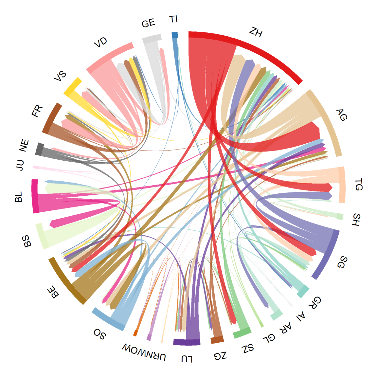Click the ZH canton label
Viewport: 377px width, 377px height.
pos(256,32)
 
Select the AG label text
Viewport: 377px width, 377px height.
pos(341,115)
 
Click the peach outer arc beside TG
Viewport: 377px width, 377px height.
pos(342,185)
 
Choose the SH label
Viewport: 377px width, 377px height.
pos(356,220)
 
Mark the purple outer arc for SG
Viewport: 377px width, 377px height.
pos(327,255)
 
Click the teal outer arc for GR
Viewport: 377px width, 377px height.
pos(303,291)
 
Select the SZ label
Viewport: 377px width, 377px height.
pos(248,349)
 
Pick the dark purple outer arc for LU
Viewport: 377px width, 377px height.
pos(187,342)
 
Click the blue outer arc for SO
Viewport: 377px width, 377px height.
pos(108,319)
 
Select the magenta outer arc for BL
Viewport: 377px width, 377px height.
pos(35,196)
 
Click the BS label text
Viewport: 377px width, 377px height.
pos(27,241)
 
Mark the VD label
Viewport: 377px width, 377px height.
pos(100,43)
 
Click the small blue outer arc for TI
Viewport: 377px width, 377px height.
pos(175,35)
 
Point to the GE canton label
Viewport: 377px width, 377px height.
pos(148,23)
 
